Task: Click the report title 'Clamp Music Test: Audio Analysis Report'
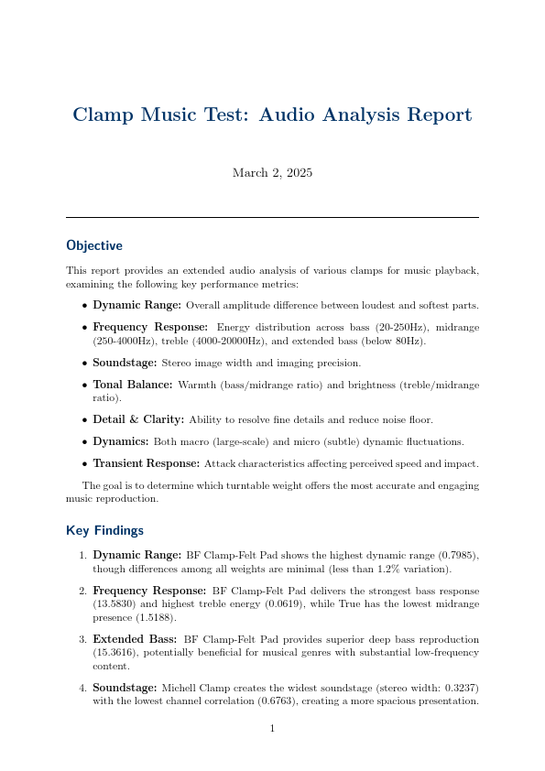272,115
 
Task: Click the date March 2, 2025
272,172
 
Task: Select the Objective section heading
94,245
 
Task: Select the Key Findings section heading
104,530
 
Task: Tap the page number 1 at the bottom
272,729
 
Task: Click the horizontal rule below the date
272,217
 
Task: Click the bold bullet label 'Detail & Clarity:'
138,419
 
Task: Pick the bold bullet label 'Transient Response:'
146,463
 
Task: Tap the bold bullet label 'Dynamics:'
122,441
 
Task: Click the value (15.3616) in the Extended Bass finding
115,654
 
